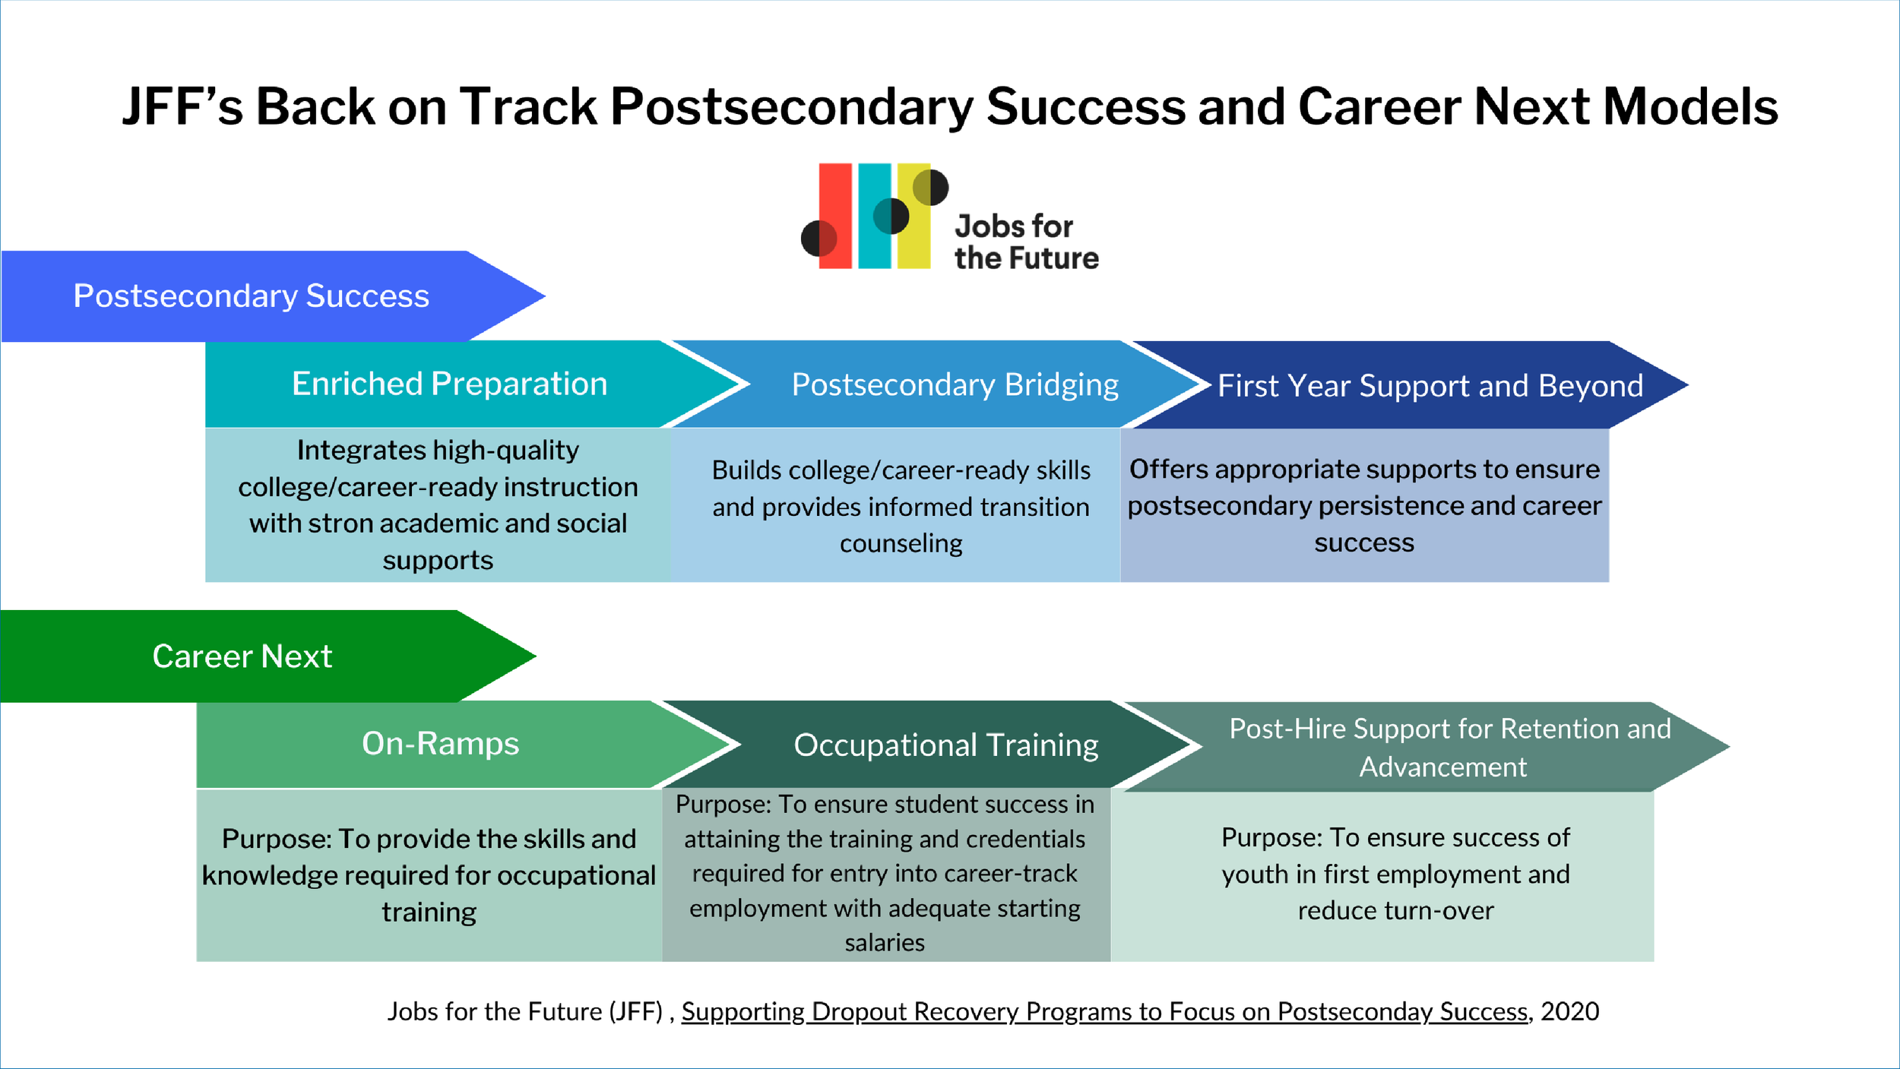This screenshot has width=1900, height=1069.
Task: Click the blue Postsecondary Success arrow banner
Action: tap(251, 296)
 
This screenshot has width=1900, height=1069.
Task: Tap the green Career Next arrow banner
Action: tap(242, 656)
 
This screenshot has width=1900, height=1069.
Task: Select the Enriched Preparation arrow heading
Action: tap(449, 384)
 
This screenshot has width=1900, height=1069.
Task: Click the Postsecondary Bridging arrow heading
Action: tap(955, 384)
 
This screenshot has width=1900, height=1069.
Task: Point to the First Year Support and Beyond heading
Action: tap(1430, 386)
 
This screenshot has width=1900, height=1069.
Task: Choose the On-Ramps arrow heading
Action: tap(440, 743)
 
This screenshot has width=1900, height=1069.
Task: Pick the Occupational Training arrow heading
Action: tap(945, 745)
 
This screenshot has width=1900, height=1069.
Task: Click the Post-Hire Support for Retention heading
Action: tap(1449, 747)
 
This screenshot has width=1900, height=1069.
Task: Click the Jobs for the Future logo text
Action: tap(1026, 242)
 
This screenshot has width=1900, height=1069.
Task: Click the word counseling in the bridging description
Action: tap(901, 543)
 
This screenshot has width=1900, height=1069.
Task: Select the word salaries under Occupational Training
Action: tap(885, 943)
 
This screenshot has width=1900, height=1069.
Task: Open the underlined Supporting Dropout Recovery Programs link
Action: tap(1104, 1011)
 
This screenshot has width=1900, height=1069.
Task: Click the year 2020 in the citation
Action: tap(1570, 1011)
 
